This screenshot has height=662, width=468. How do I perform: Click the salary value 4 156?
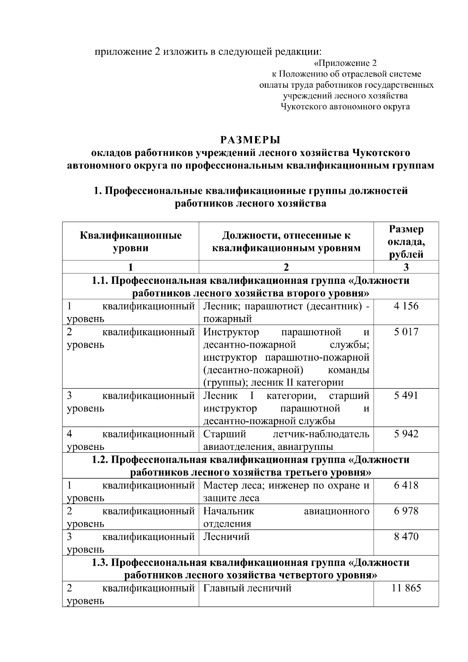pos(406,306)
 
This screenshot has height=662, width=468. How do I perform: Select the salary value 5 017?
pos(406,332)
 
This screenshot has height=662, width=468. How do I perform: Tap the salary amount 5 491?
pos(406,396)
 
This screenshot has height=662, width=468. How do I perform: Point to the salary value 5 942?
pos(406,434)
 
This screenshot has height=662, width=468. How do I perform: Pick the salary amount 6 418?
pos(406,485)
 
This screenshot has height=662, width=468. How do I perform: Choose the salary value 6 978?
pos(406,511)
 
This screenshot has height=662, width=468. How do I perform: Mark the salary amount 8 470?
pos(406,537)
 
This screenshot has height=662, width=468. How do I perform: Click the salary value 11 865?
pos(406,588)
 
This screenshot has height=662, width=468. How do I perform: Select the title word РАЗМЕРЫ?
pos(250,140)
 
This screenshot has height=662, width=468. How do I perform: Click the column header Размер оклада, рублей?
pos(406,242)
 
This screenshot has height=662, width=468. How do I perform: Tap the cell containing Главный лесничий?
pos(247,588)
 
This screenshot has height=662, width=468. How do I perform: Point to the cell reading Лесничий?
pos(226,537)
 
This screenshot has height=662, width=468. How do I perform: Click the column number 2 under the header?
pos(286,267)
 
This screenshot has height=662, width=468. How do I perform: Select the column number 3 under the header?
pos(406,267)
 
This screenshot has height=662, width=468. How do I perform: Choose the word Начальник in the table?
pos(229,511)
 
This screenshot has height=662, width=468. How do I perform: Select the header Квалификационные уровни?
pos(131,242)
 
